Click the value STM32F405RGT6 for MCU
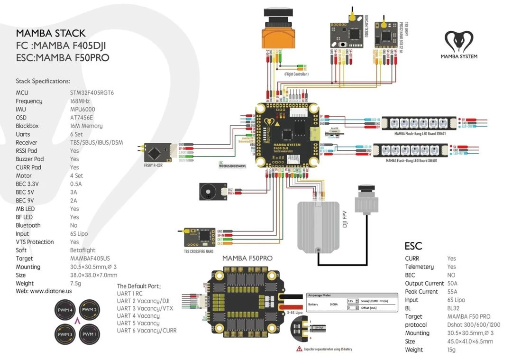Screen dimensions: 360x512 [x=91, y=93]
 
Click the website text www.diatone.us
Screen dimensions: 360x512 [x=51, y=291]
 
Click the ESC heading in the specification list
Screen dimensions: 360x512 [x=413, y=246]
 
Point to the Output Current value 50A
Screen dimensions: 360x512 [x=452, y=283]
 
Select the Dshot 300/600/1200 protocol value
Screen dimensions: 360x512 [x=474, y=325]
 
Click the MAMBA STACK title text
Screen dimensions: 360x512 [x=51, y=33]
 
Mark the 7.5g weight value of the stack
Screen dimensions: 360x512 [x=76, y=283]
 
